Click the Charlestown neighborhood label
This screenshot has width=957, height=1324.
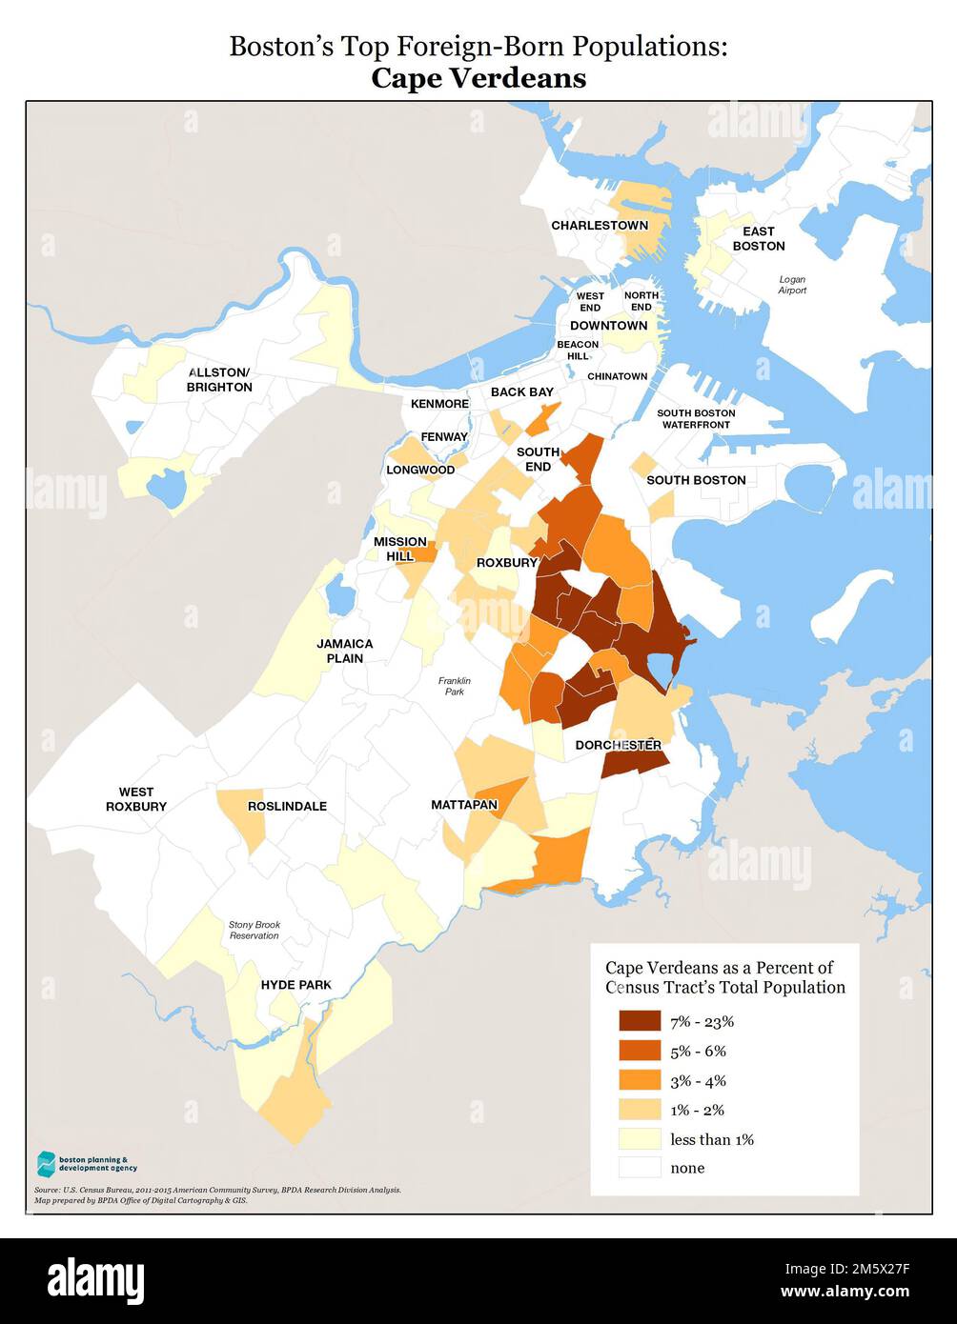point(599,226)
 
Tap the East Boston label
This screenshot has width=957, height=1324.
point(759,238)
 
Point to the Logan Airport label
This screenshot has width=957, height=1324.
point(792,285)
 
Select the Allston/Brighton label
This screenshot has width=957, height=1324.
point(219,379)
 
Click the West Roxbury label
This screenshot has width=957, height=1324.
point(136,798)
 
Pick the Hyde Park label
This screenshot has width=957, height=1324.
point(296,984)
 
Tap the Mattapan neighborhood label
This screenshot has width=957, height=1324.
point(464,805)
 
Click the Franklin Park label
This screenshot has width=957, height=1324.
point(455,686)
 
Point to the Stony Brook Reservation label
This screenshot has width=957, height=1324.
point(255,930)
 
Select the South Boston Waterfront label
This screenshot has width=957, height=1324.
point(696,418)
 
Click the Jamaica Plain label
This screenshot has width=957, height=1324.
point(345,651)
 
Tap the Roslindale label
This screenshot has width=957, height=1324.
point(287,806)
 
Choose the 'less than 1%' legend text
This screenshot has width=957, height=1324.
point(711,1139)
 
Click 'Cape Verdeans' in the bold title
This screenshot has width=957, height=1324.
point(478,77)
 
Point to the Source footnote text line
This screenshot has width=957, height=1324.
point(217,1190)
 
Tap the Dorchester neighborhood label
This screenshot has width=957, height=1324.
point(619,744)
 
